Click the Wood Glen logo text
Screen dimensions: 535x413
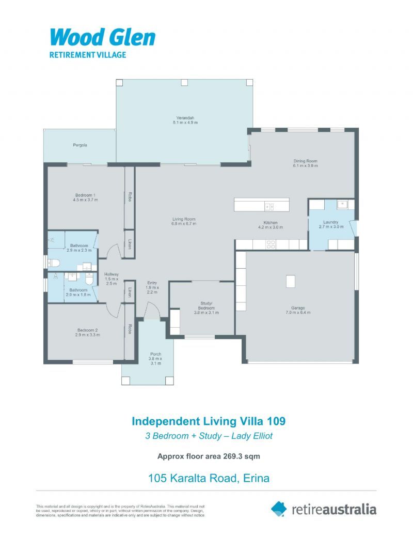point(102,37)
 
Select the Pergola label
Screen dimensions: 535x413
point(80,145)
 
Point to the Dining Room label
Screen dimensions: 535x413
point(305,161)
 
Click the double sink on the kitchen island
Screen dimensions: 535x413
point(269,207)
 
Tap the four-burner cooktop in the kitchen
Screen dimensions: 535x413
point(270,244)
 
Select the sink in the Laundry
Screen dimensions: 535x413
point(342,205)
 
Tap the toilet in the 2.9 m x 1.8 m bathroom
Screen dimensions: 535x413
point(90,279)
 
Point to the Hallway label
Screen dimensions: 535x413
point(112,274)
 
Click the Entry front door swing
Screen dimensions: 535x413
point(152,311)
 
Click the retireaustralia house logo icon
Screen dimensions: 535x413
point(279,509)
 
